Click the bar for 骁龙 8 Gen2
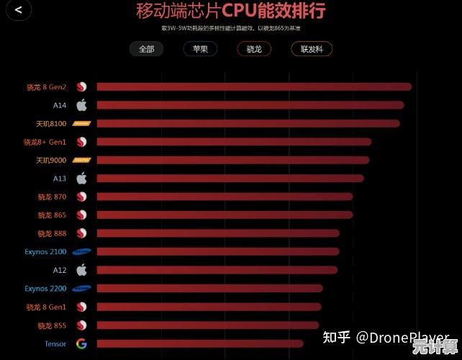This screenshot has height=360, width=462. [253, 87]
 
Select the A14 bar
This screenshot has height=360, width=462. [250, 105]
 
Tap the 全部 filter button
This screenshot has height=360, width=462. [147, 49]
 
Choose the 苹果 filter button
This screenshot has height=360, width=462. [200, 49]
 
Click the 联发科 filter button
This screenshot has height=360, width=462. [312, 49]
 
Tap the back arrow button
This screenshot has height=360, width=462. [18, 10]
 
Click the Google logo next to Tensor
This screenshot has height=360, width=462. [81, 343]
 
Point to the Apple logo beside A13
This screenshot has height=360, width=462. [81, 178]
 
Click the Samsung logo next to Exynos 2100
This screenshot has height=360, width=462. [81, 251]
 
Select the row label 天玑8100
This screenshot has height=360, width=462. [51, 124]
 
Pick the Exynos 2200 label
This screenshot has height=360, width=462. [45, 289]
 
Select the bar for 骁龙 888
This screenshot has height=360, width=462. [217, 233]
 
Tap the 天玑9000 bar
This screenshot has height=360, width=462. [232, 160]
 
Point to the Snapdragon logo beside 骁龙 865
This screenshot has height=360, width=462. [81, 215]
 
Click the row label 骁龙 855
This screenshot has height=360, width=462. [52, 325]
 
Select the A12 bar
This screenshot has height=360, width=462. [216, 270]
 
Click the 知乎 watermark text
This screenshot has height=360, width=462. [336, 337]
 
